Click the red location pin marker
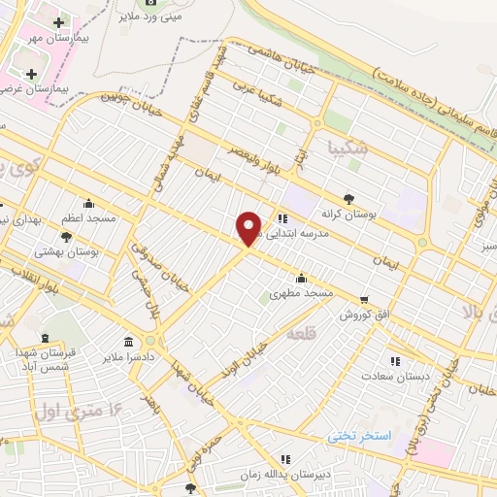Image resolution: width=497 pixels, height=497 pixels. [249, 228]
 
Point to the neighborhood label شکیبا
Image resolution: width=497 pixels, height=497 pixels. [348, 149]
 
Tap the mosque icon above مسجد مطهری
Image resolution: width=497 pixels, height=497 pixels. [301, 278]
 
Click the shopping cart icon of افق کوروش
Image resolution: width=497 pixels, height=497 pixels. [364, 300]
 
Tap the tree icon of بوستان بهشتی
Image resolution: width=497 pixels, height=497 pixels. [67, 236]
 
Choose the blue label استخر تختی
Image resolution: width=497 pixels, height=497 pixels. [358, 437]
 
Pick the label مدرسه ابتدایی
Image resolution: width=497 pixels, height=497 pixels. [312, 219]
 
